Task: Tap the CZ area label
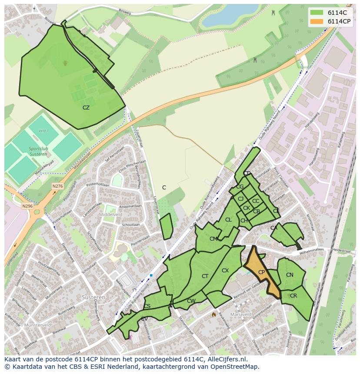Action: coord(86,107)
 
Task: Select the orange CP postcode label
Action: coord(261,272)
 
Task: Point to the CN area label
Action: coord(290,275)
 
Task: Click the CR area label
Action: coord(293,296)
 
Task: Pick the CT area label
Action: coord(205,276)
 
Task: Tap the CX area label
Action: coord(225,271)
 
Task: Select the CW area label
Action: coord(191,301)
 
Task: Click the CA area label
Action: coord(274,228)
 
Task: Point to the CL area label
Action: coord(228,220)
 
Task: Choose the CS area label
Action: coord(147,306)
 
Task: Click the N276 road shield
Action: coord(57,186)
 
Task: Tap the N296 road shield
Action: coord(27,206)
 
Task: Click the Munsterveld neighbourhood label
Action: coord(37,324)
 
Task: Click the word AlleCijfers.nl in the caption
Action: coord(226,359)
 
